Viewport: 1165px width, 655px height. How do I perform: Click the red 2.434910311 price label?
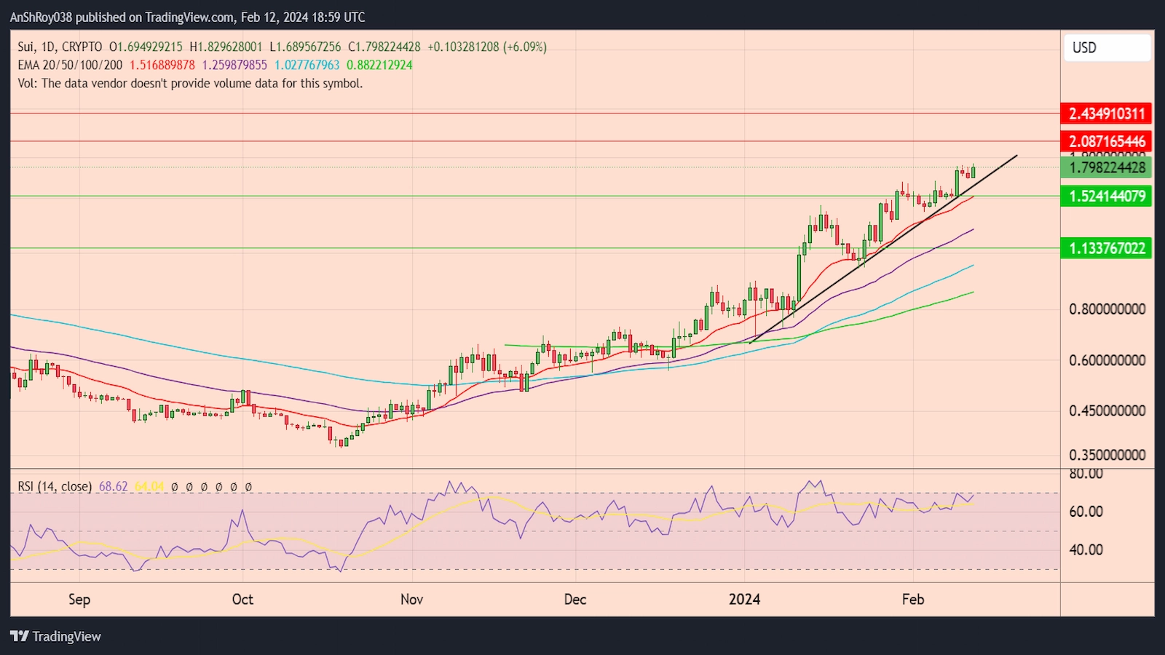click(x=1106, y=114)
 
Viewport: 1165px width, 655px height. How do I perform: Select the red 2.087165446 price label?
click(x=1106, y=141)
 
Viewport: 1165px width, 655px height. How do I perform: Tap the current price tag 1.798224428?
click(x=1106, y=167)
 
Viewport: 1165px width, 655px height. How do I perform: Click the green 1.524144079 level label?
click(x=1106, y=196)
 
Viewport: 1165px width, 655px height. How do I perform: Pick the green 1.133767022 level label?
click(x=1106, y=248)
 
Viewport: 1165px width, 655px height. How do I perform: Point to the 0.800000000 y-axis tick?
click(x=1107, y=309)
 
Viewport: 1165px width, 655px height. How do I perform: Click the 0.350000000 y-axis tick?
click(x=1107, y=455)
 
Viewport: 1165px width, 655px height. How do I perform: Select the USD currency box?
click(x=1107, y=48)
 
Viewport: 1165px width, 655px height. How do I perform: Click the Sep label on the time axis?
click(x=79, y=599)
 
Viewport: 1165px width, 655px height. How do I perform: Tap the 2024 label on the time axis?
click(x=744, y=599)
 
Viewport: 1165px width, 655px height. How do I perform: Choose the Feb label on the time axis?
click(x=912, y=599)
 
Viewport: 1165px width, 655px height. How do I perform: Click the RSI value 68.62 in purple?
click(x=113, y=486)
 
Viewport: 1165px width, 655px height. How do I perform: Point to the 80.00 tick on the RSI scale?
click(x=1086, y=475)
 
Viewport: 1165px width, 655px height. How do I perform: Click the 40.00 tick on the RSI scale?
click(x=1086, y=549)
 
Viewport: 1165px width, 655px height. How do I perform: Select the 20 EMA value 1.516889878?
click(x=162, y=65)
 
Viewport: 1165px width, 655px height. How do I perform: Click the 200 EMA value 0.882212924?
click(x=379, y=65)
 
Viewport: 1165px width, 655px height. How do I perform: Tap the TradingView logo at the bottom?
click(x=56, y=636)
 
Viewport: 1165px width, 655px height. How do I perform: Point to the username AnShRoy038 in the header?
click(x=41, y=17)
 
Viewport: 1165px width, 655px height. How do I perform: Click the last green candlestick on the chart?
click(x=974, y=172)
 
